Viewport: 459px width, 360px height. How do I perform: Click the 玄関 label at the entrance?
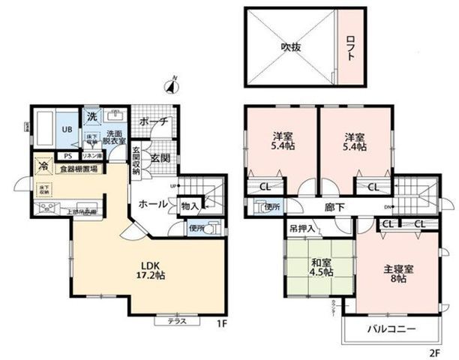click(158, 158)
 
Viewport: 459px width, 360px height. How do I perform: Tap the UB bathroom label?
click(65, 129)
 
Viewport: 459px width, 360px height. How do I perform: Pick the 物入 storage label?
click(189, 205)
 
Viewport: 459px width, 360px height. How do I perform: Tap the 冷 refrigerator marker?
click(43, 166)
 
